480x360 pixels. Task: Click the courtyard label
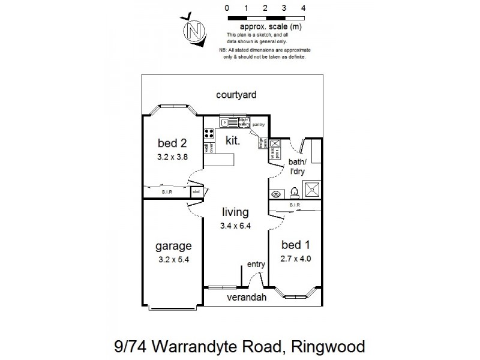[x=236, y=95]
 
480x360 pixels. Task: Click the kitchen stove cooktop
[x=209, y=134]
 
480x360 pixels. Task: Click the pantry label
[x=259, y=125]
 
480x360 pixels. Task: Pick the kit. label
[x=233, y=141]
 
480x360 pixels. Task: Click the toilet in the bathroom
[x=294, y=193]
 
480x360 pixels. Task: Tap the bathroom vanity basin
[x=275, y=194]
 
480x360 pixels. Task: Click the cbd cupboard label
[x=196, y=192]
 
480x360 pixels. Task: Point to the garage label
[x=173, y=246]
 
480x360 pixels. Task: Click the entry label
[x=256, y=265]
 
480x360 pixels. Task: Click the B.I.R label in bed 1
[x=295, y=205]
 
